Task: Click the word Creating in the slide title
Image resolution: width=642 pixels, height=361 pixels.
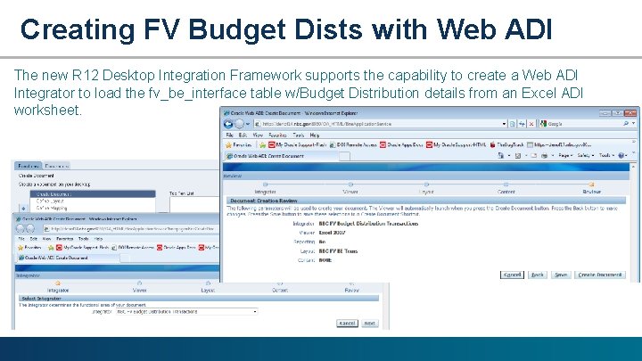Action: (x=77, y=29)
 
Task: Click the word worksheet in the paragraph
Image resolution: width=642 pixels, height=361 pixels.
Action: (x=47, y=110)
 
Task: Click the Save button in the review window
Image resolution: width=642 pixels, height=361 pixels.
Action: (x=561, y=275)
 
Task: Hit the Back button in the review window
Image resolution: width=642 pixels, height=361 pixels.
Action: (x=537, y=275)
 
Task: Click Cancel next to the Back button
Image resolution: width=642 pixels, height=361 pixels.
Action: (x=511, y=275)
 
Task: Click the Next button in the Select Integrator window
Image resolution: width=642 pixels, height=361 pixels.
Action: (x=369, y=324)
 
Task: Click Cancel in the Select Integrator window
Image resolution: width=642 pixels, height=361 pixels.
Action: (x=347, y=324)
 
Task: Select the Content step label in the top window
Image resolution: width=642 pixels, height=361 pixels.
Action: (x=506, y=192)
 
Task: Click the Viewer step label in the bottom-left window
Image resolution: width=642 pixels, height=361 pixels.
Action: (x=140, y=290)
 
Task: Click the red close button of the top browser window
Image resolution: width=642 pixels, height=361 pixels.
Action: (x=632, y=112)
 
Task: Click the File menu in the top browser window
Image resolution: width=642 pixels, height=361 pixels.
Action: (x=230, y=134)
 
